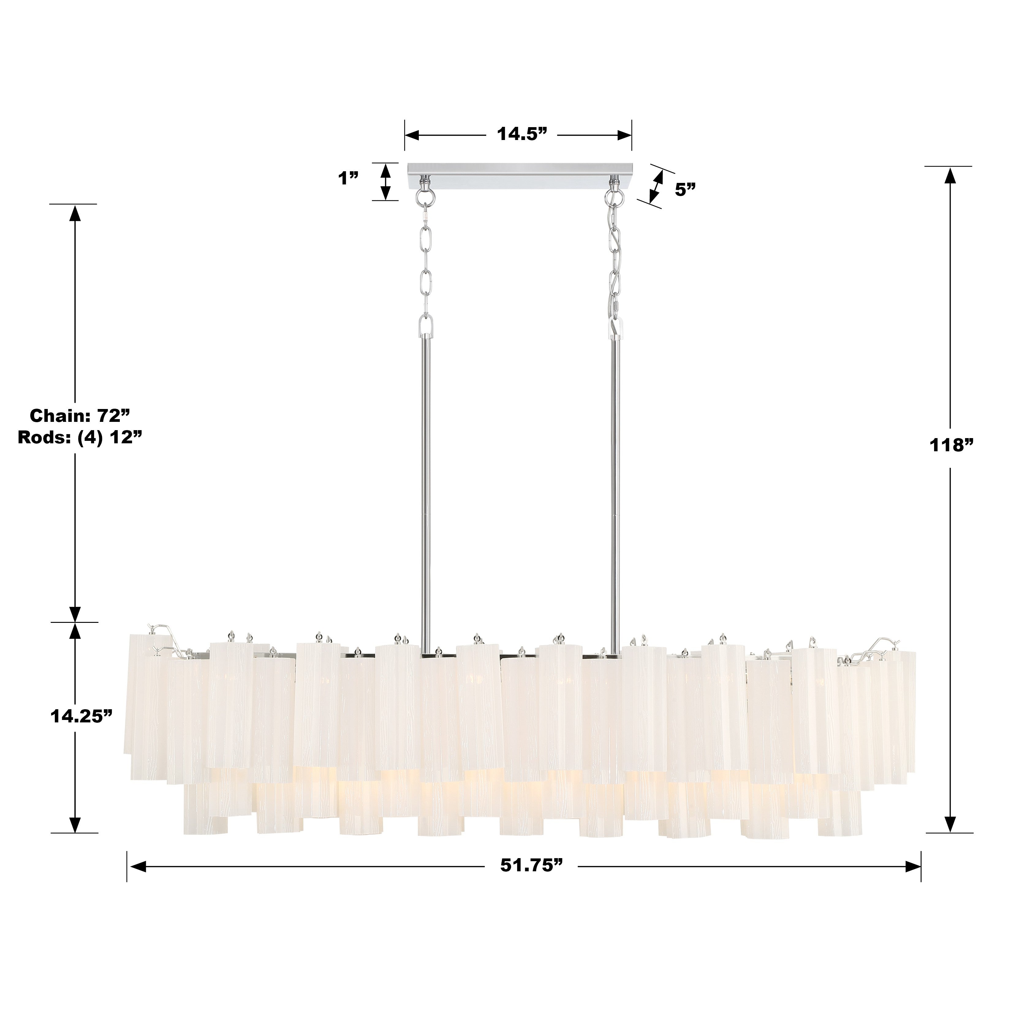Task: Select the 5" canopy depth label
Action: click(x=685, y=189)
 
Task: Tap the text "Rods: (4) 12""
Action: click(x=80, y=437)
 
